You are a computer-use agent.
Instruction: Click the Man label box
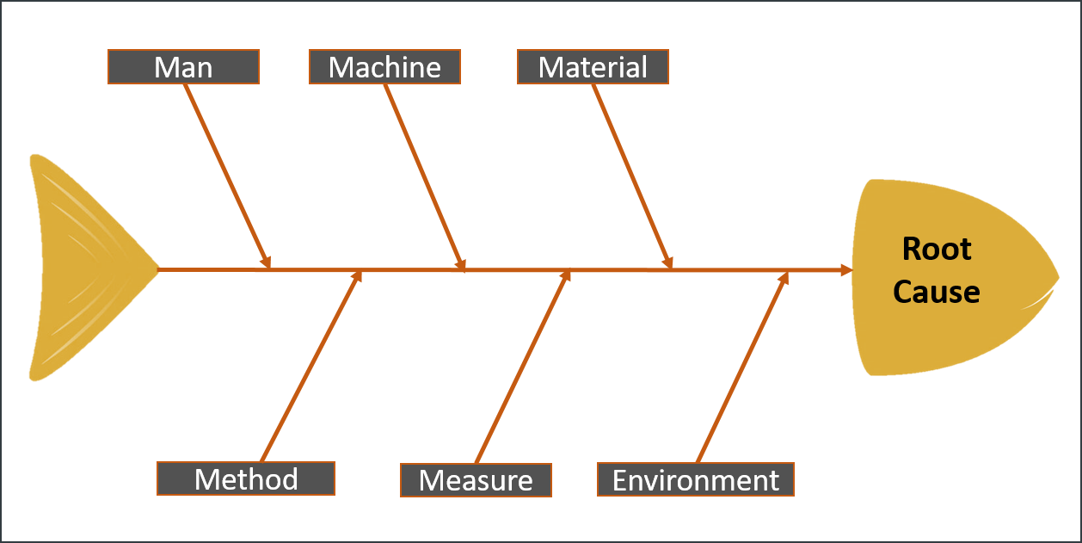point(183,67)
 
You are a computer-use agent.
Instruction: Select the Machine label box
point(384,67)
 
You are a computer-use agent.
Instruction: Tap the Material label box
point(593,67)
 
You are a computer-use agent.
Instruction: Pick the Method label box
point(246,478)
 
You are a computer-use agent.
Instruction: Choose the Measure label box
point(476,480)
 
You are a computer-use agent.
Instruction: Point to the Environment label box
point(695,479)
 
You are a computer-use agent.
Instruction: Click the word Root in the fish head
point(937,250)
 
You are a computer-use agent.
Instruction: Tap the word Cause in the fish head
point(937,292)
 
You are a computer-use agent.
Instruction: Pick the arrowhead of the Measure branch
point(566,275)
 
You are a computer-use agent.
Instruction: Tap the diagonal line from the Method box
point(310,370)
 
